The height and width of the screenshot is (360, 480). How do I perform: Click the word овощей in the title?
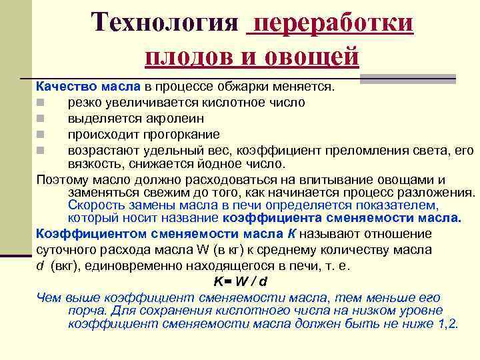(x=315, y=55)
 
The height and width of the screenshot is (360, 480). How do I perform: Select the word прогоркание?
(x=163, y=133)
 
